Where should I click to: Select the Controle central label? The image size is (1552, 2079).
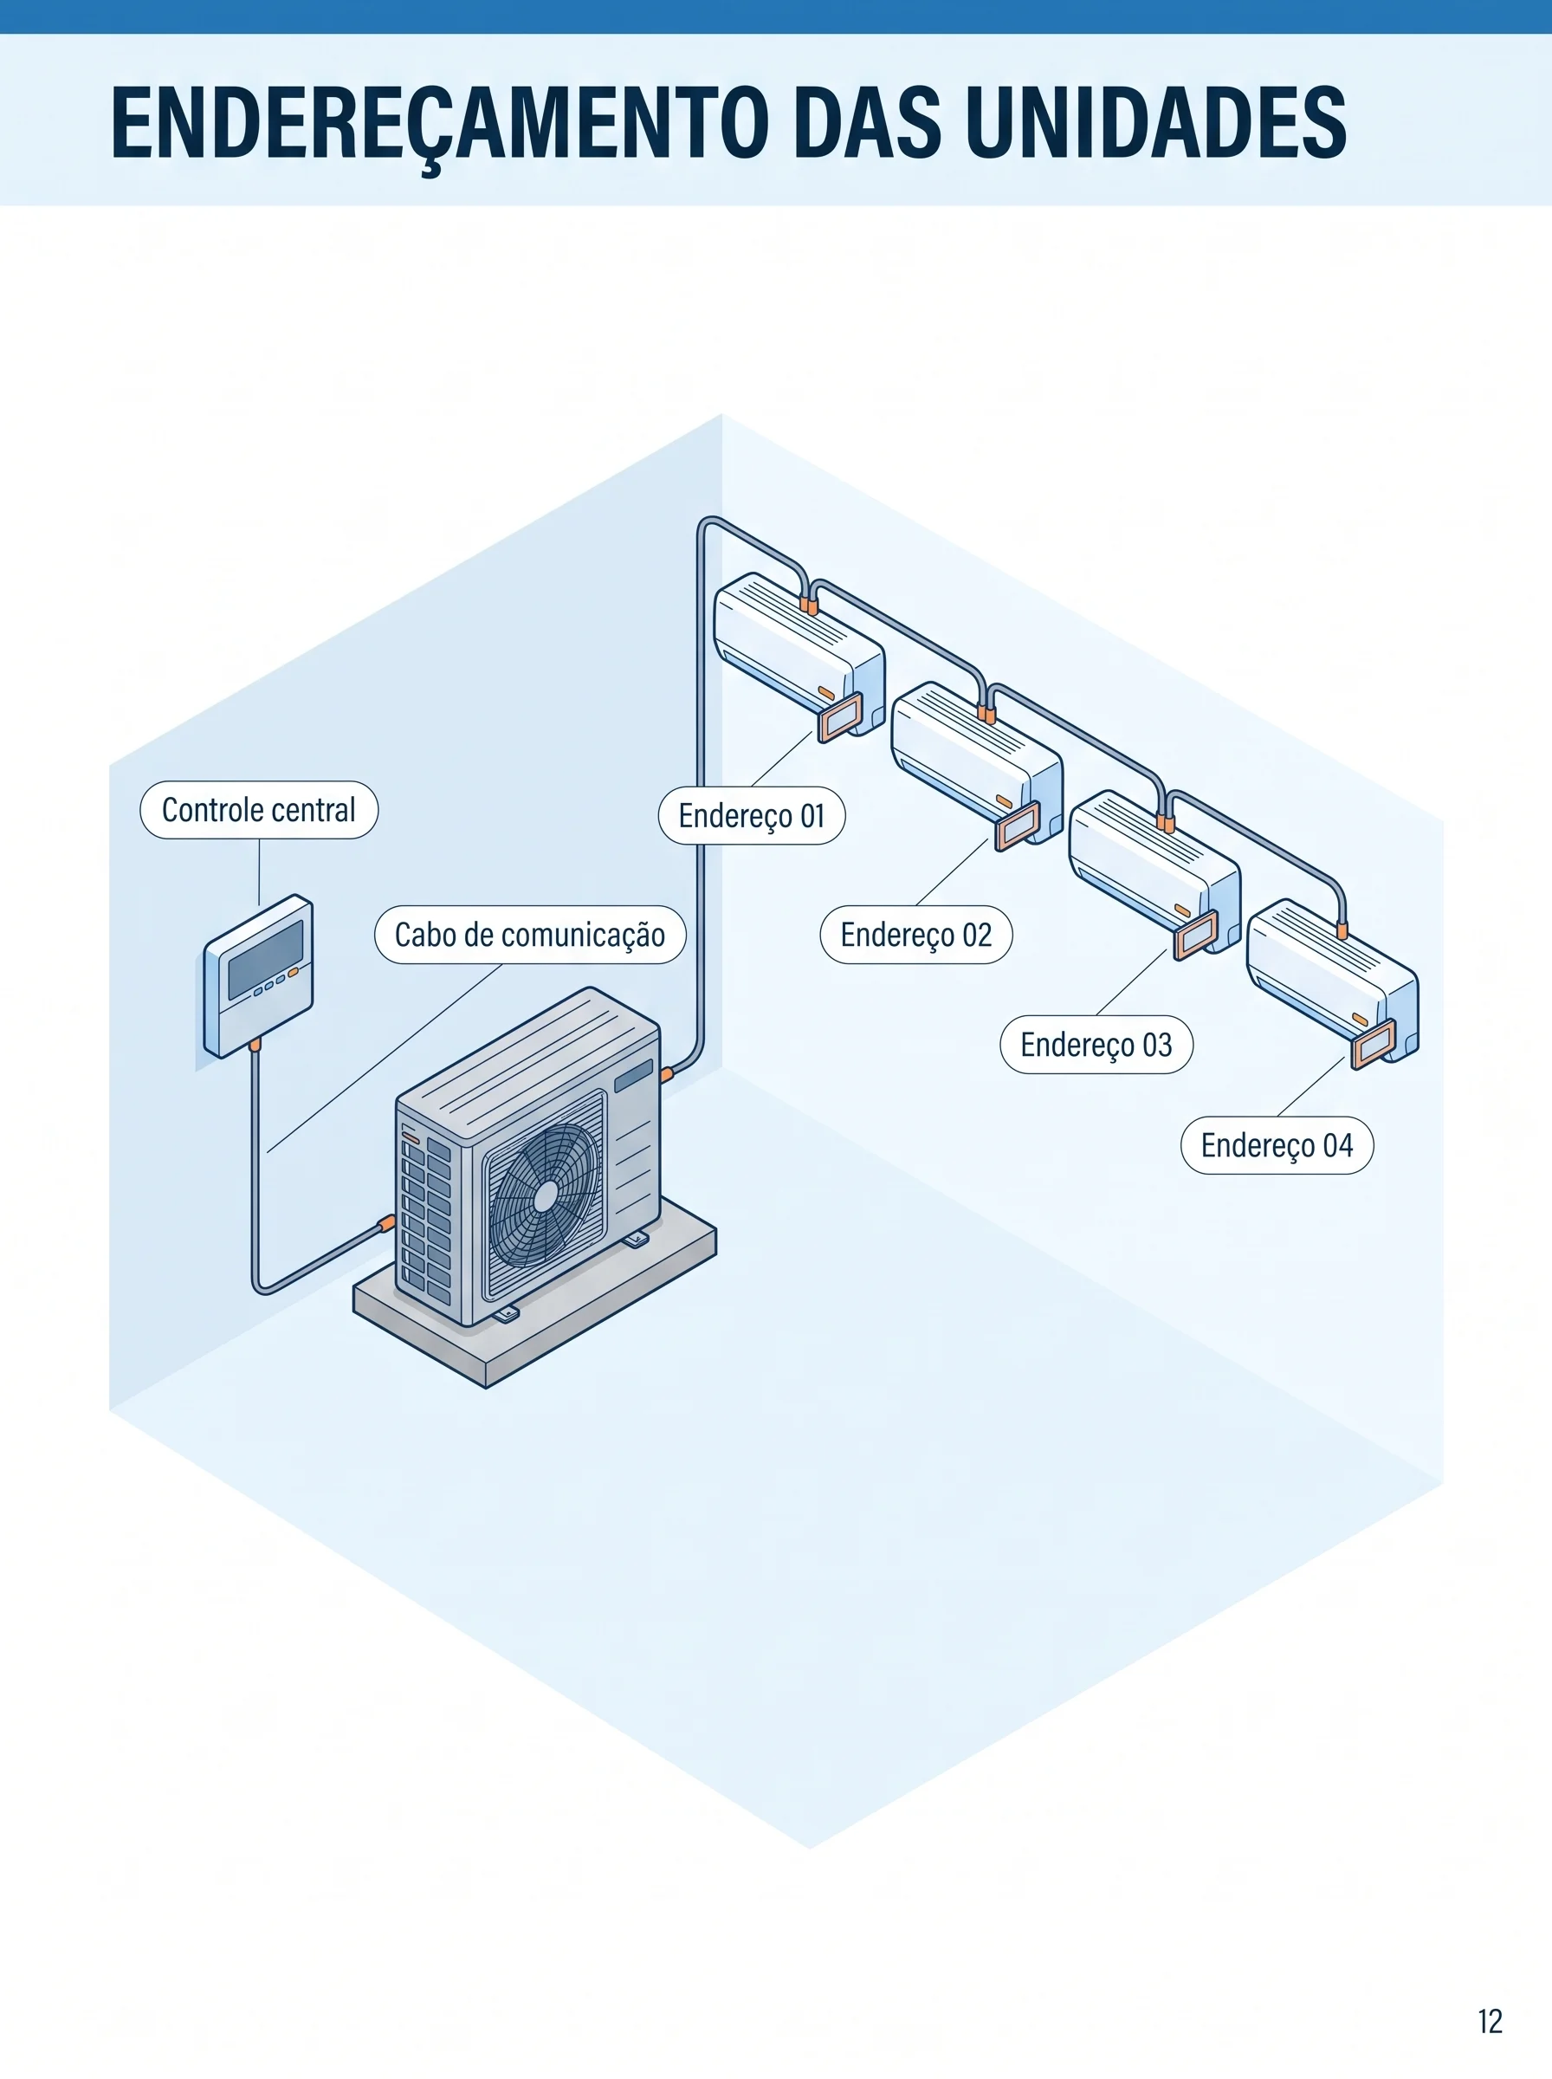259,810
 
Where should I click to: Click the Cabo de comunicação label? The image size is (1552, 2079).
530,935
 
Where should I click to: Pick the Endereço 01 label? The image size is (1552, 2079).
752,815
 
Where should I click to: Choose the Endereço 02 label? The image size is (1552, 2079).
916,935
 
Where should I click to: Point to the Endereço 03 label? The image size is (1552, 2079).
1096,1045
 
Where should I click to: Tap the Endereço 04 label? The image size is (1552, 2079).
1277,1145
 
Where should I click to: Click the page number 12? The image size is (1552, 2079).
1490,2021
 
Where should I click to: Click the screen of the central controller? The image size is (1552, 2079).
265,959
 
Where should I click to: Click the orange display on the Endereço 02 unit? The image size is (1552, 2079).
1018,826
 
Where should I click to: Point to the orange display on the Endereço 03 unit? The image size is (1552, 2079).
1196,935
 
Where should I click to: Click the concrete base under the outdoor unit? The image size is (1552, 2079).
535,1315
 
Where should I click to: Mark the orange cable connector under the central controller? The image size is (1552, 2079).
255,1045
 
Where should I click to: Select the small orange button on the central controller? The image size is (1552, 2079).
293,972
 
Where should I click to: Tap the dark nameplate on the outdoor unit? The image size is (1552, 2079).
633,1076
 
